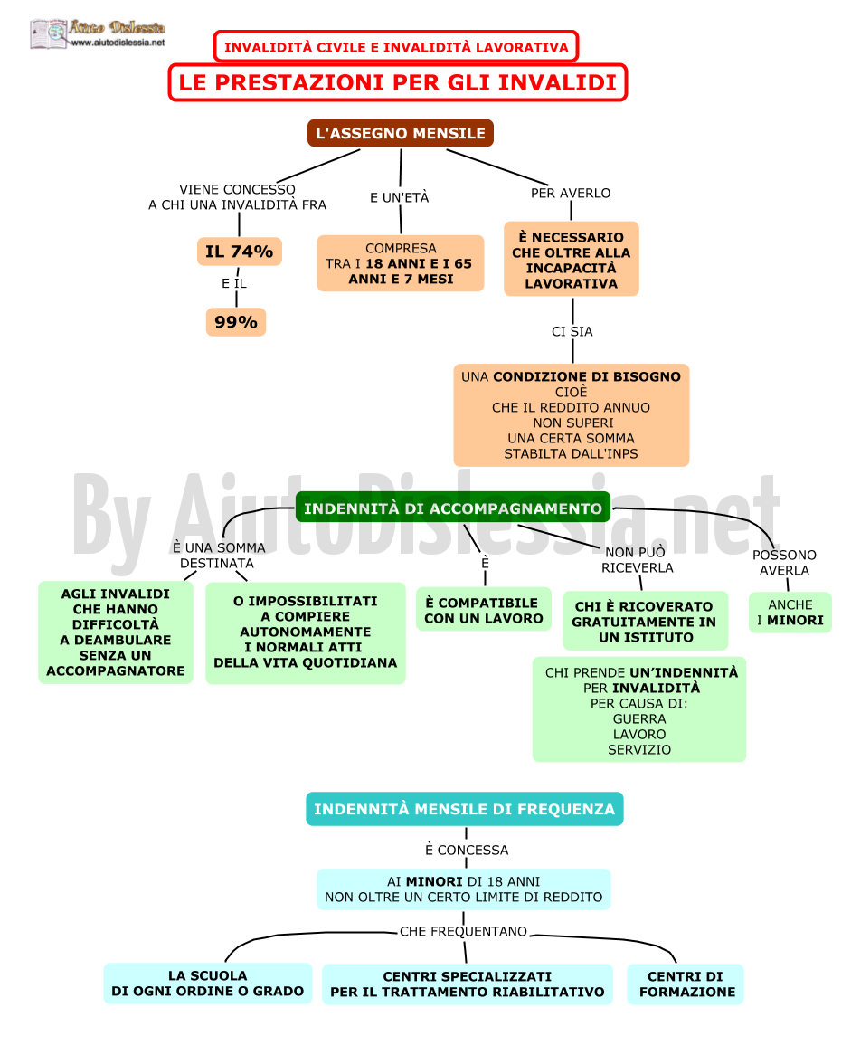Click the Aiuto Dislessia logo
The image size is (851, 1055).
tap(98, 33)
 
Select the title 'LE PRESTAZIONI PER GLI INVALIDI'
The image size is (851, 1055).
tap(398, 82)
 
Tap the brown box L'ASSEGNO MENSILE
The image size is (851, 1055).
tap(401, 133)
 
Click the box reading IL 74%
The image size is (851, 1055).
tap(240, 252)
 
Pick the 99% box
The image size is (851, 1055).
tap(236, 322)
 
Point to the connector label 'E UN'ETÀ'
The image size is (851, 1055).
tap(400, 197)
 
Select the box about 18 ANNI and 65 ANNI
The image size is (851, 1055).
tap(401, 263)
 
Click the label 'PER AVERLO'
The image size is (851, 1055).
tap(571, 193)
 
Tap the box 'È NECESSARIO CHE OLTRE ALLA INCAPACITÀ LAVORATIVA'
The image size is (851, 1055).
tap(572, 259)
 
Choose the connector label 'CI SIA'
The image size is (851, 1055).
tap(572, 331)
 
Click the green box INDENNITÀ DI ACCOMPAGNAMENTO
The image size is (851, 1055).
tap(453, 508)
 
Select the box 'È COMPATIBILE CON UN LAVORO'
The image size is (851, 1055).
tap(484, 610)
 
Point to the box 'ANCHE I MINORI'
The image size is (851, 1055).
tap(790, 613)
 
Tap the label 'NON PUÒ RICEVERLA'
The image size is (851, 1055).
tap(637, 560)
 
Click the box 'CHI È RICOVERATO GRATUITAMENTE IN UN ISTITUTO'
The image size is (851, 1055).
tap(645, 621)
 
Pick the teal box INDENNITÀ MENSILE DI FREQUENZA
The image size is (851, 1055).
tap(464, 809)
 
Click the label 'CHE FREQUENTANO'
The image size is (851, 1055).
tap(464, 931)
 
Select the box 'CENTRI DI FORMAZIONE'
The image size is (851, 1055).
tap(686, 984)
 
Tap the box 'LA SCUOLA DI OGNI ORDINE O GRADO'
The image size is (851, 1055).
tap(208, 983)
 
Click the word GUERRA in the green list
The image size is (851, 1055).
tap(639, 718)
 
